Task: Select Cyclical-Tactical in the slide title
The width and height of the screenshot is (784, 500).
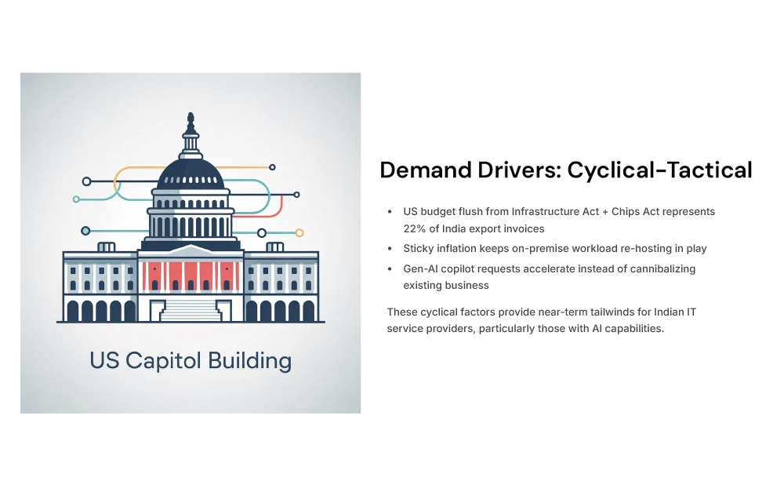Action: [659, 170]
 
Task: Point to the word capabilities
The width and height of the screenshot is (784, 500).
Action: [632, 329]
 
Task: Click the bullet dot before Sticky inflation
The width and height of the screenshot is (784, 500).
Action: [390, 249]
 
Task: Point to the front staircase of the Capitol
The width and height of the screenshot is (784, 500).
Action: [190, 308]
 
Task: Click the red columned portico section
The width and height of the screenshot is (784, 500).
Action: [190, 276]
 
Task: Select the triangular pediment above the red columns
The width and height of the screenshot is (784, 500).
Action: [190, 250]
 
